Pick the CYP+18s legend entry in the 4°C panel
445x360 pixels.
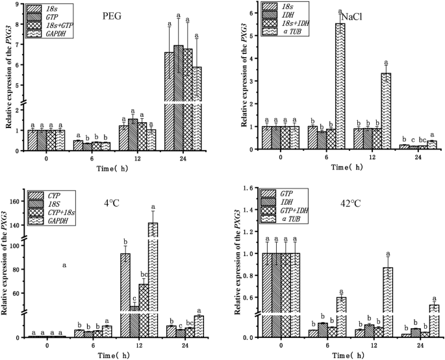(58, 212)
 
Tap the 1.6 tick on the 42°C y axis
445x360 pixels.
(248, 188)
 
